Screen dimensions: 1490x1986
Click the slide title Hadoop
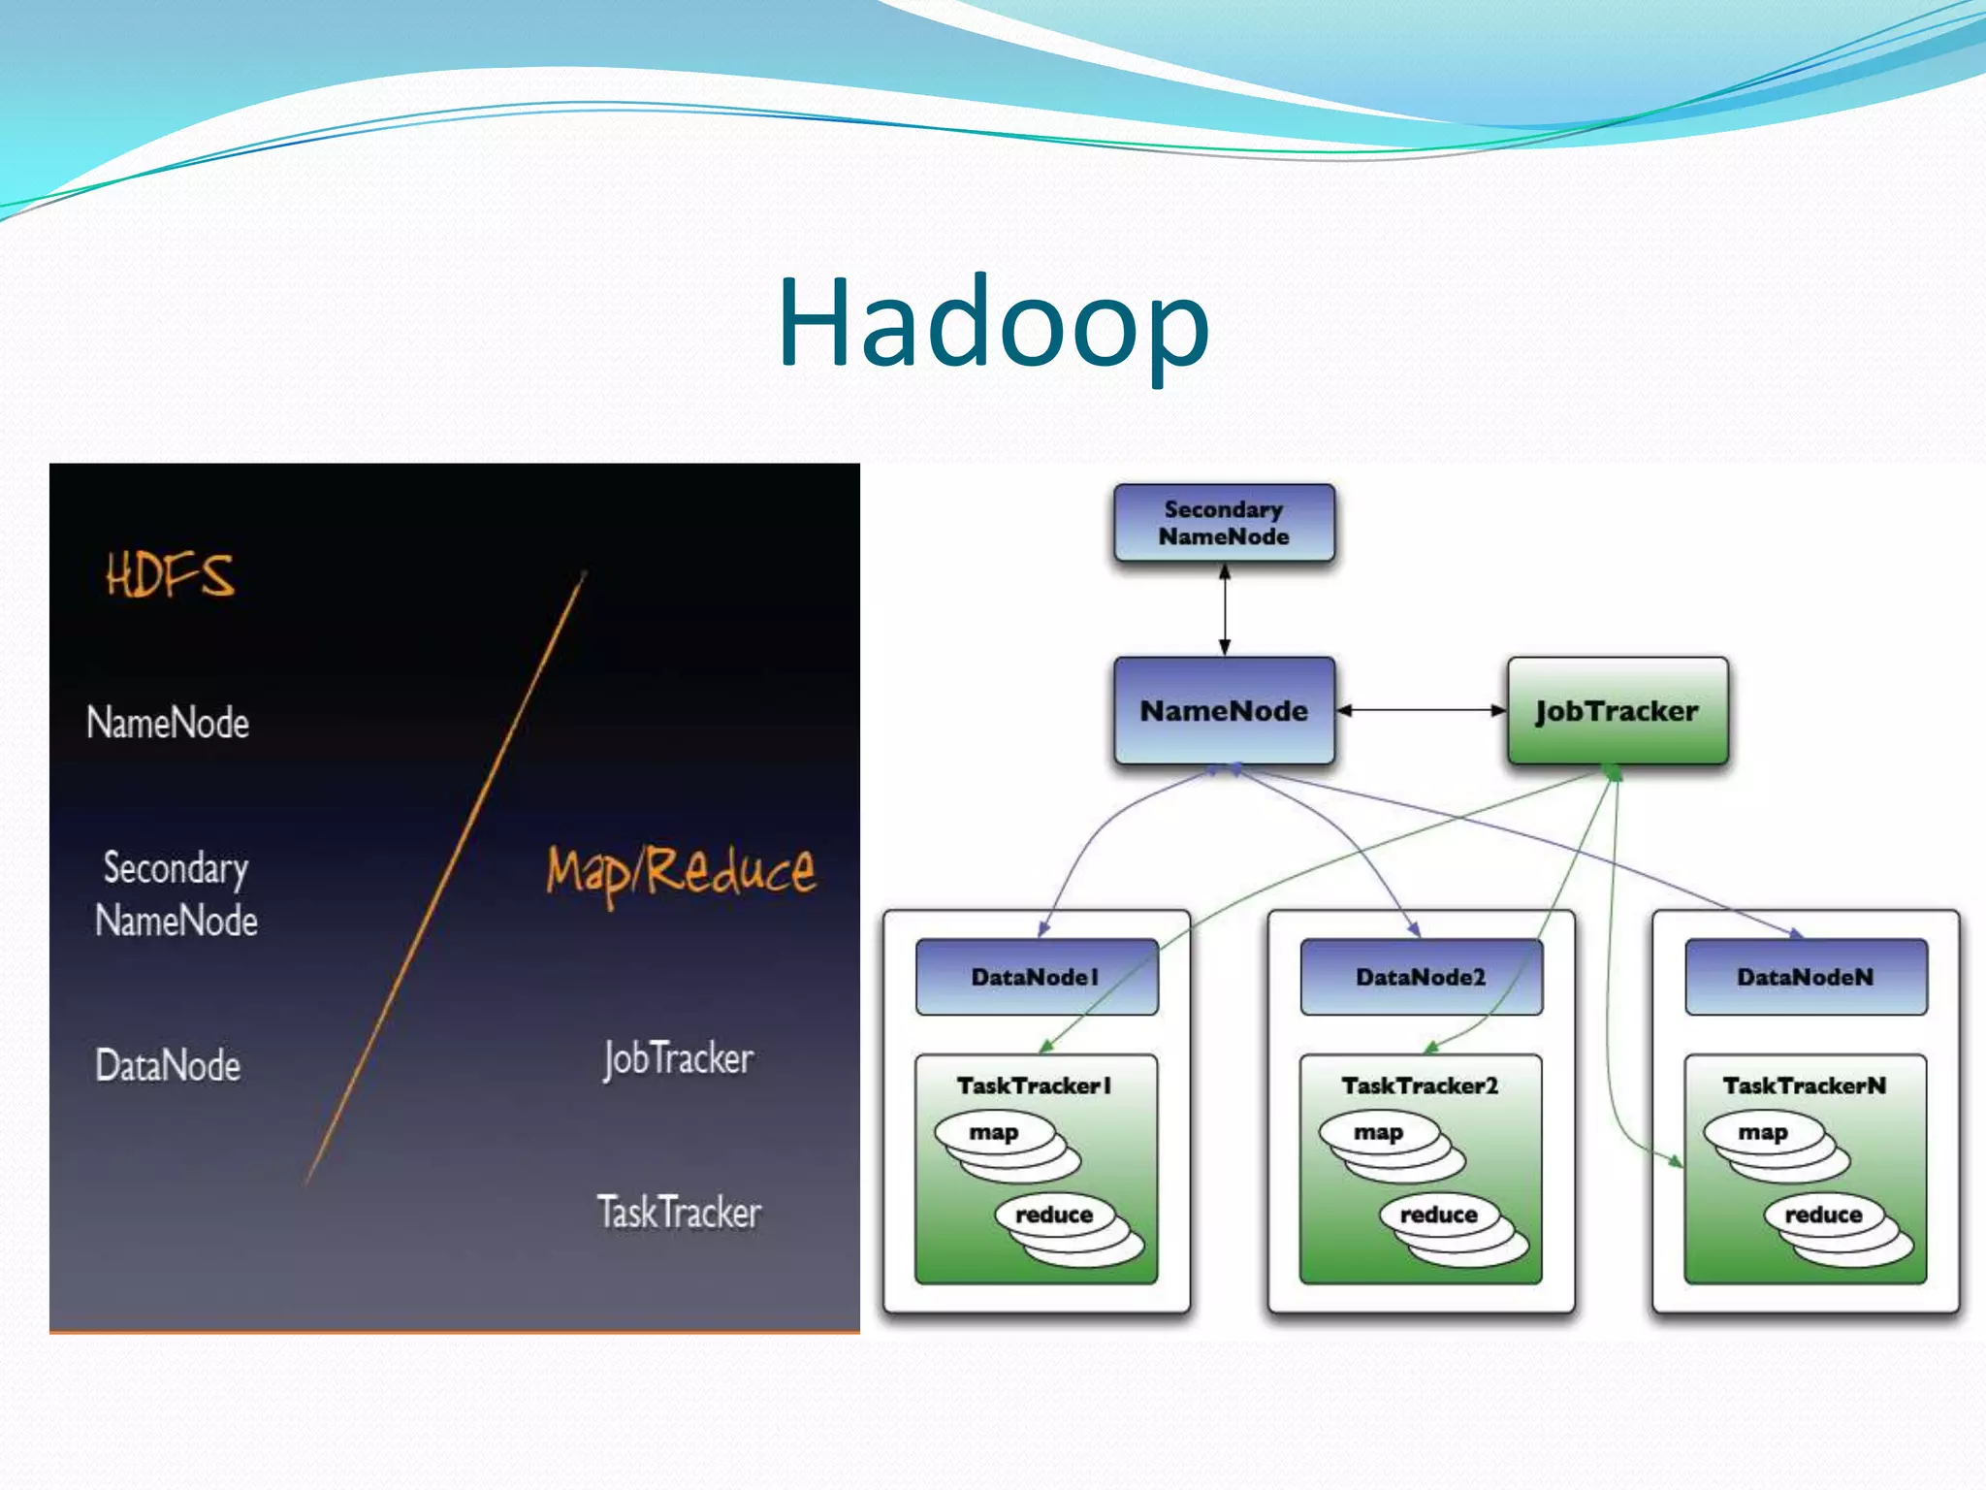pos(993,322)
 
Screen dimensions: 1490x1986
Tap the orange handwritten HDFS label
pos(171,574)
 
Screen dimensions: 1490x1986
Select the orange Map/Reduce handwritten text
pos(681,871)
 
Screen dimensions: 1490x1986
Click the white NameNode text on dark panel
pos(168,723)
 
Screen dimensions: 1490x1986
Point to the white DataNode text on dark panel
pos(168,1065)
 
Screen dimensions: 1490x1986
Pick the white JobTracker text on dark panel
pos(678,1058)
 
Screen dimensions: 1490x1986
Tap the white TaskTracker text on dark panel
pos(679,1213)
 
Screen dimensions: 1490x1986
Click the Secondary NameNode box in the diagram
pos(1224,523)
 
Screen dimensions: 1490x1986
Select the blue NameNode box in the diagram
pos(1224,711)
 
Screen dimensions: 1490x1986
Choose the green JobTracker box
pos(1617,711)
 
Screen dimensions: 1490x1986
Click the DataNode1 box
pos(1036,977)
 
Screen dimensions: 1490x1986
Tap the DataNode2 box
pos(1421,977)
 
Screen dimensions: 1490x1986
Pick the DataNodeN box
pos(1805,977)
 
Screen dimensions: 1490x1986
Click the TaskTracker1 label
pos(1034,1085)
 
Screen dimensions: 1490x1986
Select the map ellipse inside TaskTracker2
pos(1378,1132)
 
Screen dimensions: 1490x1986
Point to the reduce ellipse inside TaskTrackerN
pos(1823,1215)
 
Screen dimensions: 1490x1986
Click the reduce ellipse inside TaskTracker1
pos(1054,1215)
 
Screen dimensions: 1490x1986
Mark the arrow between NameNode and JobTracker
pos(1421,710)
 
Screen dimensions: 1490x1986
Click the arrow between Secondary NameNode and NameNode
pos(1225,609)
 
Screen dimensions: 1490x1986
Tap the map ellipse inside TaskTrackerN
pos(1762,1132)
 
